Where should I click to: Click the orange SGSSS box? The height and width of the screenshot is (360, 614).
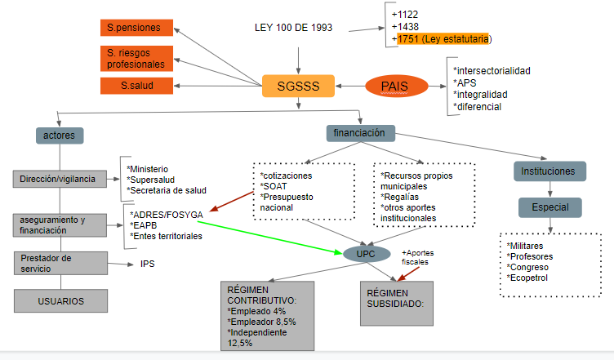coord(298,86)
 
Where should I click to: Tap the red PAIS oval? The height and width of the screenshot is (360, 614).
coord(397,87)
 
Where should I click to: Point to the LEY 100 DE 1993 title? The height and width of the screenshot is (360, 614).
coord(293,28)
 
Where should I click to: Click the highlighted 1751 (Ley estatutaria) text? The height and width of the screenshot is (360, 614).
coord(443,38)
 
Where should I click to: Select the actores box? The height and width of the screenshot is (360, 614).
coord(60,134)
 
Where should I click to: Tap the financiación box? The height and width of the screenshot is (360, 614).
coord(360,131)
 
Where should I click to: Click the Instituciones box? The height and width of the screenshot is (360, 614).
coord(549,171)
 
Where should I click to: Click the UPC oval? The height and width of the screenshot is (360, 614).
coord(365,254)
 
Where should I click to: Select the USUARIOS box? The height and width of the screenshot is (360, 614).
coord(61,300)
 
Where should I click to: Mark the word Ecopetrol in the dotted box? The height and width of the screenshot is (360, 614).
coord(531,278)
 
